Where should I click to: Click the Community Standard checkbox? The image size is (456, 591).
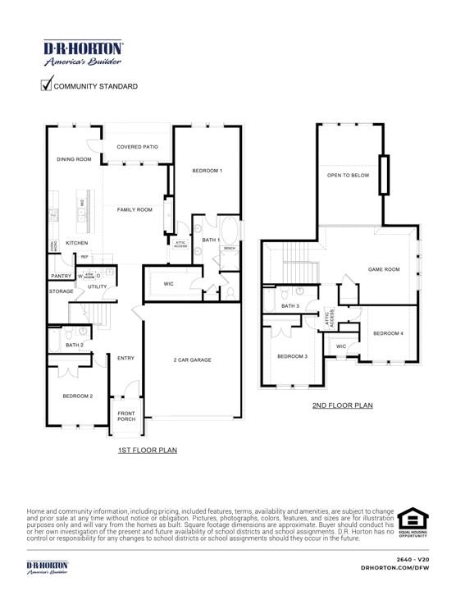tap(47, 84)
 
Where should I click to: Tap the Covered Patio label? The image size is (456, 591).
tap(137, 147)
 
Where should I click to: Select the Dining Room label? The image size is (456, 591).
tap(74, 159)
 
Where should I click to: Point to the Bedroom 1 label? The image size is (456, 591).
tap(207, 170)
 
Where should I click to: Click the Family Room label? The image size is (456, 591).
tap(135, 210)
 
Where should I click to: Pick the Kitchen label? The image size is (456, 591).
tap(77, 243)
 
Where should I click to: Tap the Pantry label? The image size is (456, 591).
tap(62, 276)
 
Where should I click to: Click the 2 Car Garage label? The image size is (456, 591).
tap(192, 360)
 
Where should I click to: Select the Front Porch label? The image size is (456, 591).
tap(126, 416)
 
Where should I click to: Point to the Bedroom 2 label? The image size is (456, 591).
tap(78, 396)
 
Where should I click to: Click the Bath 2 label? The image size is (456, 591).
tap(75, 346)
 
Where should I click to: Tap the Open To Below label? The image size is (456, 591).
tap(348, 175)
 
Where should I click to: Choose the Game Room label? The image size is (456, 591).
tap(383, 269)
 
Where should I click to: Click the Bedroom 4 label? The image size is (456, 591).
tap(388, 333)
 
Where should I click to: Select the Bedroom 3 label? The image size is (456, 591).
tap(292, 356)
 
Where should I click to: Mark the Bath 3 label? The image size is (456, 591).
tap(290, 306)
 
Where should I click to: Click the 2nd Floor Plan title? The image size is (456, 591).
tap(342, 405)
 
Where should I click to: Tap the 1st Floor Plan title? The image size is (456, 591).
tap(148, 450)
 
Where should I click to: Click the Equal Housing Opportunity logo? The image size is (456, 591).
tap(413, 523)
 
